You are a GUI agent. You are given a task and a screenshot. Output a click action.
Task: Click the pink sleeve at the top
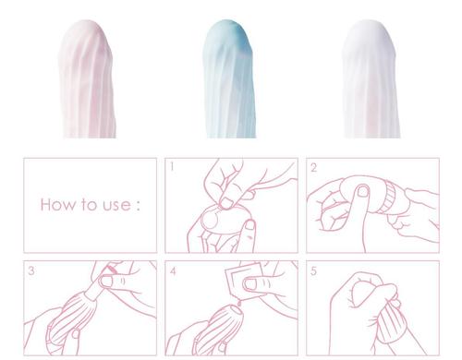point(88,78)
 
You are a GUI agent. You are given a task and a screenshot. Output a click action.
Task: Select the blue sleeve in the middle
point(229,78)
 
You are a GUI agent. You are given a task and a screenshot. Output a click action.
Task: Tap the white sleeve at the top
point(371,78)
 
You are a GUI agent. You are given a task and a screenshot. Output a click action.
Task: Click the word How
point(57,205)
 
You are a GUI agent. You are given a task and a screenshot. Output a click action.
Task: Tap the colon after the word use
point(138,206)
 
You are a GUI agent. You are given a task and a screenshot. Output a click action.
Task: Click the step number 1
point(172,167)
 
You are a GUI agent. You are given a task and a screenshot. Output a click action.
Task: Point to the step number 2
point(313,168)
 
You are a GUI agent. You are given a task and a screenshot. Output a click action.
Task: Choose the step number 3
point(31,270)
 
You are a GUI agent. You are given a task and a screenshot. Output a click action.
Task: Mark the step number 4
point(173,271)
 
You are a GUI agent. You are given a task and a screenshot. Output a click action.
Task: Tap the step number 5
point(313,271)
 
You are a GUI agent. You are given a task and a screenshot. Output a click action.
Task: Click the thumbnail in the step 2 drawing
point(363,191)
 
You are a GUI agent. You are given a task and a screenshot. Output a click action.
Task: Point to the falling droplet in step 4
point(239,303)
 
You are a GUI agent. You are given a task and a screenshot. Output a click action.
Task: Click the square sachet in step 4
point(243,282)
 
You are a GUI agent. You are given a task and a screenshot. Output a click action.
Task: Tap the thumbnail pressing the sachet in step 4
point(250,283)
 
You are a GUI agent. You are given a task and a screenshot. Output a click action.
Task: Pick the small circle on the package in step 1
point(211,221)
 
